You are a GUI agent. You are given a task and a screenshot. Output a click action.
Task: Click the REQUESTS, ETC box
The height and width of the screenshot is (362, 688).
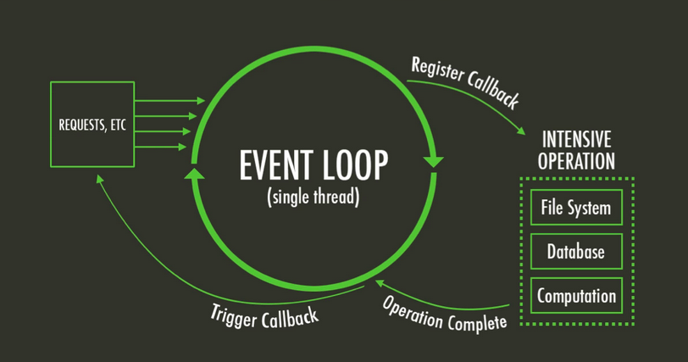tap(92, 124)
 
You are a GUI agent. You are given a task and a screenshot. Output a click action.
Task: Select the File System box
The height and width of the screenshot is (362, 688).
tap(576, 207)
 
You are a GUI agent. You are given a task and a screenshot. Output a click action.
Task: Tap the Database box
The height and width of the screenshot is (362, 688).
tap(576, 252)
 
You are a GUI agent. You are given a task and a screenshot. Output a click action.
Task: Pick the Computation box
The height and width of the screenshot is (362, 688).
tap(576, 297)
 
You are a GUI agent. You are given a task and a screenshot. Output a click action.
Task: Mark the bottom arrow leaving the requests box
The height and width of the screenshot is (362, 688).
tap(161, 147)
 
